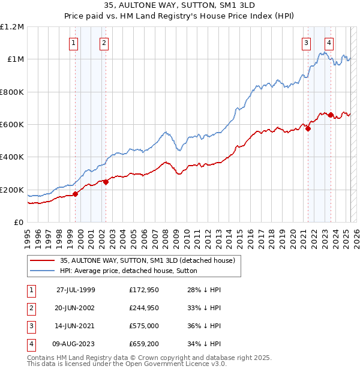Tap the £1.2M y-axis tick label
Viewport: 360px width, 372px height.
(x=11, y=27)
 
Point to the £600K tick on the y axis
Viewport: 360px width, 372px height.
(x=12, y=125)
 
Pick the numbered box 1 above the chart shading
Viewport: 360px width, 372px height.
(x=73, y=43)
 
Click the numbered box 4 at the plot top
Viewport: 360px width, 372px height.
(x=329, y=43)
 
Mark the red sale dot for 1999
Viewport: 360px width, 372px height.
(x=76, y=194)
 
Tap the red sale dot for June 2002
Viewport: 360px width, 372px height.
(x=106, y=182)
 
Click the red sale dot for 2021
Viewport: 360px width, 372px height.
(x=308, y=128)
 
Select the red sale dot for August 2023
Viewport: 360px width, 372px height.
(x=331, y=114)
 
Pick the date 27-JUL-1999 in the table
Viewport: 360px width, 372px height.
(x=76, y=290)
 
